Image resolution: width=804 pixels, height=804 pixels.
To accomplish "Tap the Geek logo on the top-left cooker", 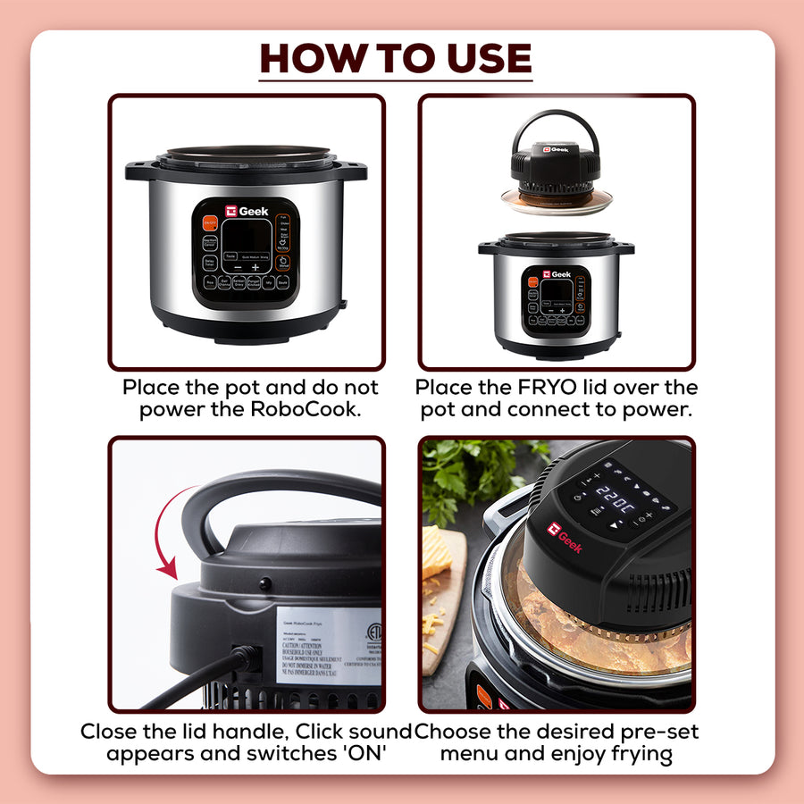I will click(246, 211).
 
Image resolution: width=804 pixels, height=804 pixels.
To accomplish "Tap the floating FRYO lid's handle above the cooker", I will click(555, 125).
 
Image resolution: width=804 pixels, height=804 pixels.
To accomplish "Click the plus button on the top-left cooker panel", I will click(255, 266).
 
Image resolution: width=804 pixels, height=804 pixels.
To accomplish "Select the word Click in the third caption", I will click(326, 732).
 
